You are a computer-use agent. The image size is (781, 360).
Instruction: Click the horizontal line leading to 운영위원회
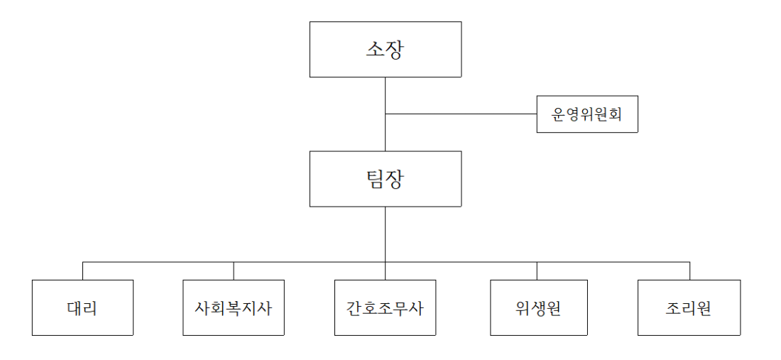(461, 114)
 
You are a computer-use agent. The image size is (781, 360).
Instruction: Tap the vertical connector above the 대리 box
(82, 271)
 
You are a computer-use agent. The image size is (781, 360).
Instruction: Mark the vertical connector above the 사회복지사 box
(234, 271)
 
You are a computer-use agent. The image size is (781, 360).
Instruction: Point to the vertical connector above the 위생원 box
(537, 271)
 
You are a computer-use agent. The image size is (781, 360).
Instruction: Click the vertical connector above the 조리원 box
(690, 271)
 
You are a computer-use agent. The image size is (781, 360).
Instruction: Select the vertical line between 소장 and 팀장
(385, 114)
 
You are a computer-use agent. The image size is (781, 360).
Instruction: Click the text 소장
(385, 50)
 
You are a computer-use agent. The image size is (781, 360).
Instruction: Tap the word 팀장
(385, 179)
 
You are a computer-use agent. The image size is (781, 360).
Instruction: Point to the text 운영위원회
(586, 114)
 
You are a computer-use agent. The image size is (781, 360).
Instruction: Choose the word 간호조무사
(385, 308)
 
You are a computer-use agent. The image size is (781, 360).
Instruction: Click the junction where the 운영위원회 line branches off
(385, 114)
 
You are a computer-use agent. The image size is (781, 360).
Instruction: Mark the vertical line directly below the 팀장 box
(385, 234)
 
